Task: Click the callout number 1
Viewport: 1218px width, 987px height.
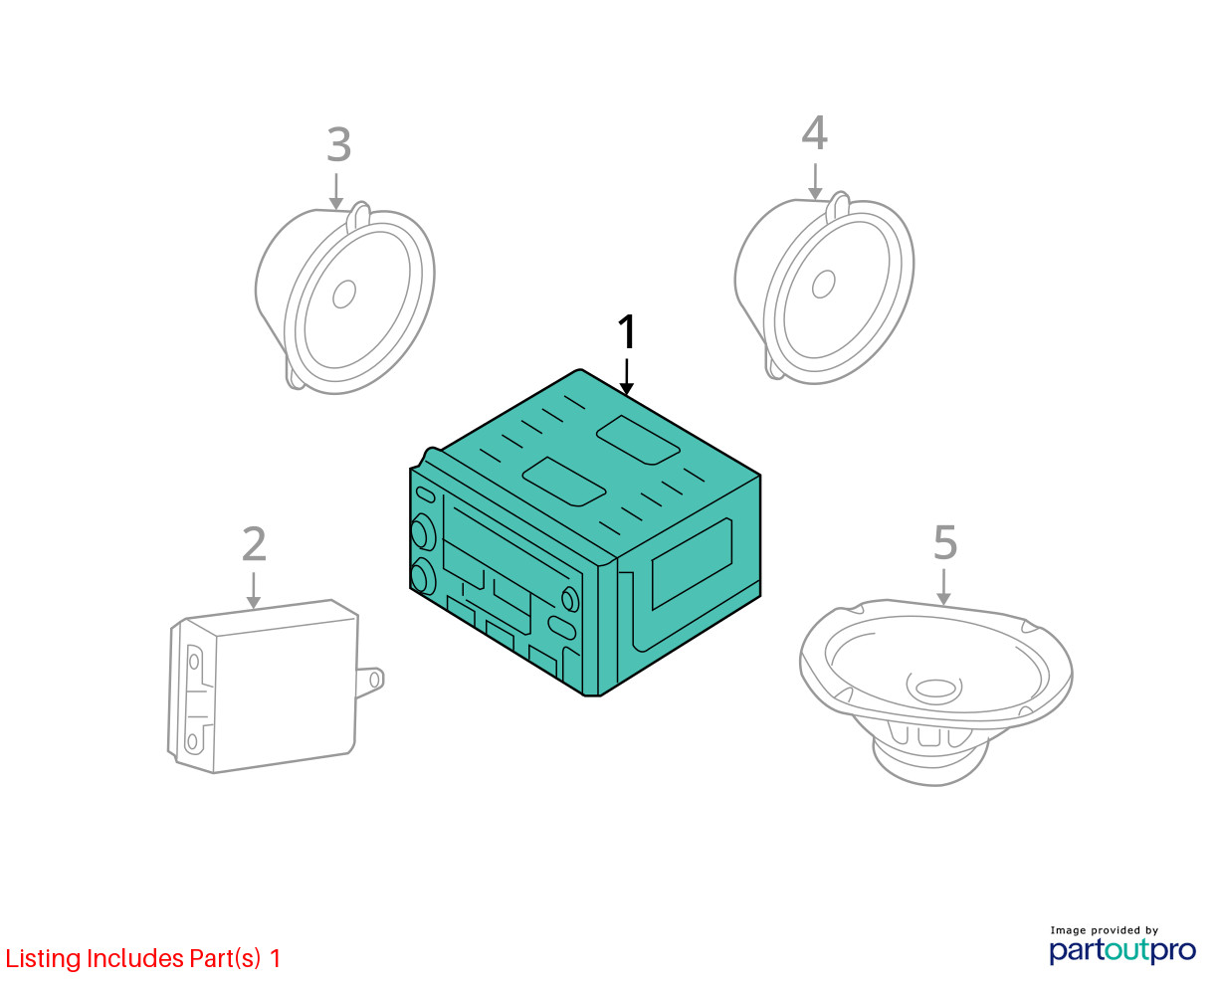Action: click(626, 331)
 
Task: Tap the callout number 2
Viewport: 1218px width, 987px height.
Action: click(254, 544)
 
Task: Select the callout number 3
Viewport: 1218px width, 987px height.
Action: click(338, 144)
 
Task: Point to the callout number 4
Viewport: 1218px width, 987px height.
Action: click(814, 132)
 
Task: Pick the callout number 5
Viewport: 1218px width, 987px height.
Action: click(945, 542)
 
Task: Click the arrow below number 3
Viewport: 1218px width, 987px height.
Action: click(336, 192)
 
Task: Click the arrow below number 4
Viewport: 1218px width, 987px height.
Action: click(815, 182)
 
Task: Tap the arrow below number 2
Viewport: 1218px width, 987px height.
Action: click(254, 590)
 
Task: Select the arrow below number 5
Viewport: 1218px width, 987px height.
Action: click(943, 587)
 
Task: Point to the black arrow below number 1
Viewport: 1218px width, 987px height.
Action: click(627, 377)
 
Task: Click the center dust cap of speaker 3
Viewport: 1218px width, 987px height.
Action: click(344, 294)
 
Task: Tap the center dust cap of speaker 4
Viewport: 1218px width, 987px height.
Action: click(823, 284)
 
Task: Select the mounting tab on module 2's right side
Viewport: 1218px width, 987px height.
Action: click(370, 681)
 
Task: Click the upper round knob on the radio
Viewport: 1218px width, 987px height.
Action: click(423, 532)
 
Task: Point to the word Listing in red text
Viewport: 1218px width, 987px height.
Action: click(44, 959)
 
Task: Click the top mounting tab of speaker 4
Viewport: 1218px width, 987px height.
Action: click(838, 207)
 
